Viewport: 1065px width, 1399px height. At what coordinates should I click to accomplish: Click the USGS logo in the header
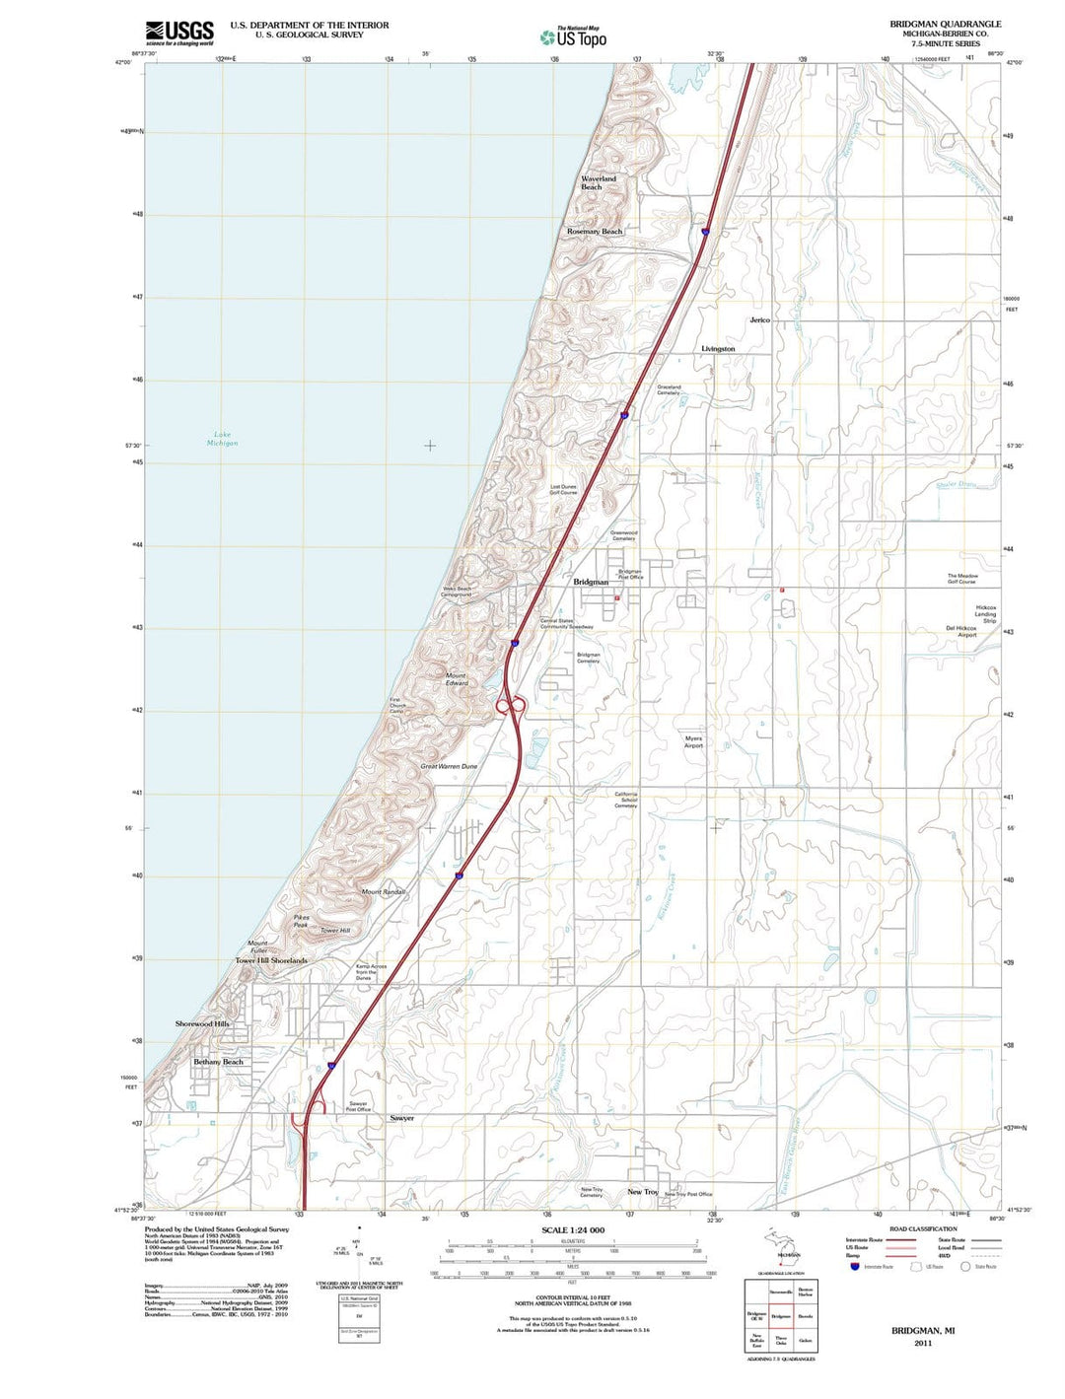click(179, 33)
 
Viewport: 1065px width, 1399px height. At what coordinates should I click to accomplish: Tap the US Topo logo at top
click(573, 37)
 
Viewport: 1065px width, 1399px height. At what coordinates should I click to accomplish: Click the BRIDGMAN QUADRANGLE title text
click(945, 24)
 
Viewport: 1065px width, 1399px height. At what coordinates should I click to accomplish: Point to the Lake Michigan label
click(222, 439)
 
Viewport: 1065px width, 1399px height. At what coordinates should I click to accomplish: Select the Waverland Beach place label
click(598, 182)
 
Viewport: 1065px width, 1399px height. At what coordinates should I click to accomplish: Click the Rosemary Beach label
click(595, 232)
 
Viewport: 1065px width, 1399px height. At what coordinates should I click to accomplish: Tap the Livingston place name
click(718, 349)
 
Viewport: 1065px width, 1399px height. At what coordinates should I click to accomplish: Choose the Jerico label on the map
click(759, 320)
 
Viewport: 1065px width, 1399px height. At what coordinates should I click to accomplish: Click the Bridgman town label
click(591, 583)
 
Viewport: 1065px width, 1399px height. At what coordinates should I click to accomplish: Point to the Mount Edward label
click(457, 679)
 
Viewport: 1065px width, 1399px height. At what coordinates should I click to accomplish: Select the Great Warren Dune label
click(449, 766)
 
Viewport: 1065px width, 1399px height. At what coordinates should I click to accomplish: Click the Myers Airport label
click(693, 741)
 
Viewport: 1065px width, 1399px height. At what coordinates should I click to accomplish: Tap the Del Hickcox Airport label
click(960, 631)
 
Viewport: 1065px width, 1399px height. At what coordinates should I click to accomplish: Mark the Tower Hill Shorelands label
click(271, 960)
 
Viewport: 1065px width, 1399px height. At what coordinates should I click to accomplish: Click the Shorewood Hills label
click(202, 1023)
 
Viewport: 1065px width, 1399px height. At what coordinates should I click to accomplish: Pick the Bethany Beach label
click(218, 1062)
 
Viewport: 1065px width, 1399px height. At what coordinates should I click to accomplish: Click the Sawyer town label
click(401, 1118)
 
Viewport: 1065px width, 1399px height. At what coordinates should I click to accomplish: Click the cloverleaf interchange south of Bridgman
click(510, 705)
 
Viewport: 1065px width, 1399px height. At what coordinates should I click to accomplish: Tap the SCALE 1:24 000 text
click(573, 1230)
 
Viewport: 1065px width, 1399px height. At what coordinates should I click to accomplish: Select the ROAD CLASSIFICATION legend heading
click(923, 1228)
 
